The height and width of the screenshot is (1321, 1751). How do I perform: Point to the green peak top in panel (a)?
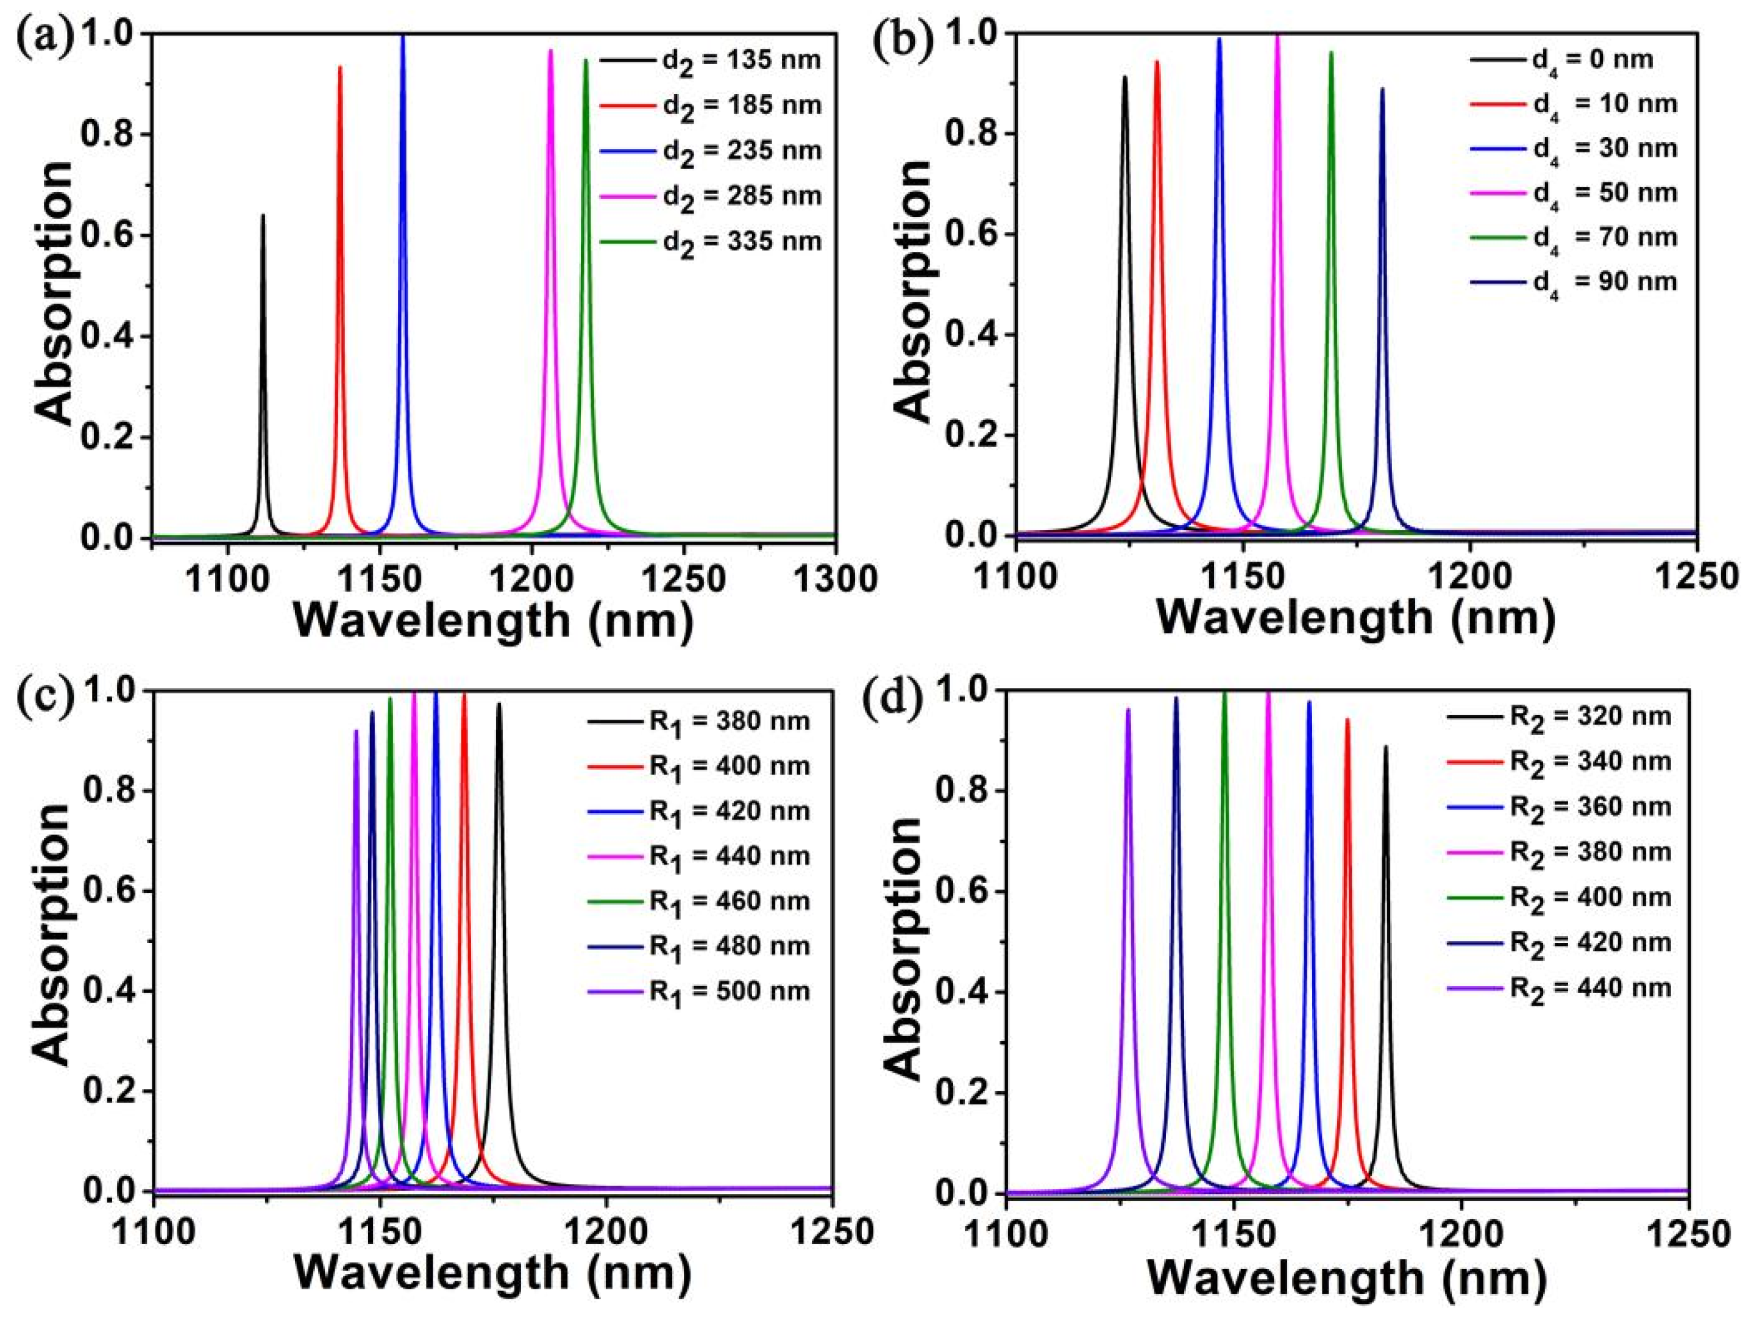click(x=586, y=61)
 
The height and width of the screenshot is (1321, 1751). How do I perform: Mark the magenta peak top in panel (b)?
click(x=1277, y=35)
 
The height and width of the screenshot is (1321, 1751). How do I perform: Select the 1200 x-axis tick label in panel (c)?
click(x=606, y=1236)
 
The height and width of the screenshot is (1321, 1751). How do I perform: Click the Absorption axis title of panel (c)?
click(x=54, y=934)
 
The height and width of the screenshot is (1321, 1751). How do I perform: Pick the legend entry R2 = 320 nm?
click(x=1558, y=717)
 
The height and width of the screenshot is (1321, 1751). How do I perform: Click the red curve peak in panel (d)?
click(x=1348, y=720)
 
